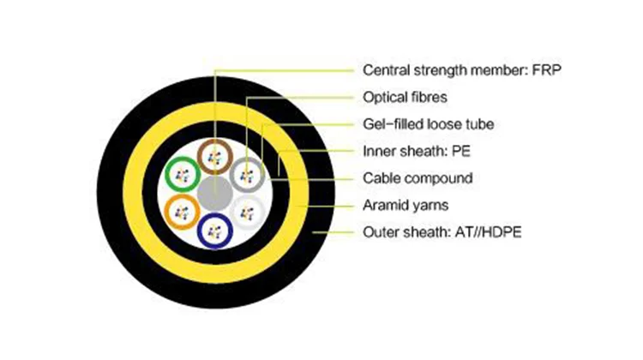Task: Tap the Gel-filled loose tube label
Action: [x=429, y=124]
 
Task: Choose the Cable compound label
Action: [x=418, y=178]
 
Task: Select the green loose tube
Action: [x=181, y=175]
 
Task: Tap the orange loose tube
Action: [x=181, y=209]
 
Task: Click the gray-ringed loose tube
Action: [x=247, y=175]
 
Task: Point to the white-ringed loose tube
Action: [x=248, y=210]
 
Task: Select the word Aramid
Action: [x=384, y=206]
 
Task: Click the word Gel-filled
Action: [x=391, y=124]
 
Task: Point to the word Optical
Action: [x=386, y=97]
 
